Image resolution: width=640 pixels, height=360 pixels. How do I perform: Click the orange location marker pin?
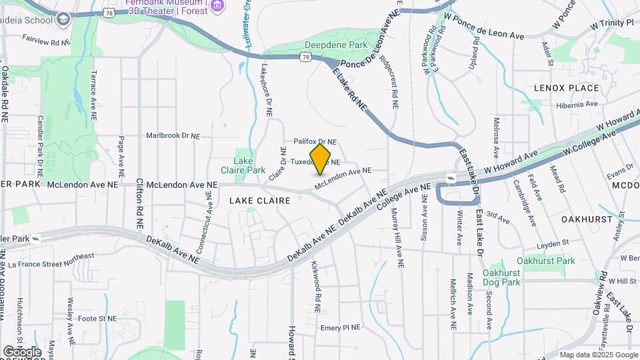coord(321,158)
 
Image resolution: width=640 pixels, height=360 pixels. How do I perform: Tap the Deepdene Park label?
coord(327,45)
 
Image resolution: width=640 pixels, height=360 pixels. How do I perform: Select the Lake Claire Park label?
coord(249,165)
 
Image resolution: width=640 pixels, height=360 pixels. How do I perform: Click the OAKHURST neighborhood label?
coord(587,219)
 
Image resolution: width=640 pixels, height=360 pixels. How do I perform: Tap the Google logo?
coord(22,351)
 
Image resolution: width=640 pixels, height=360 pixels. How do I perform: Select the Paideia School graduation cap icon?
coord(63,18)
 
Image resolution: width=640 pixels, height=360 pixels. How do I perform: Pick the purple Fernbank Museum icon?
coord(216,7)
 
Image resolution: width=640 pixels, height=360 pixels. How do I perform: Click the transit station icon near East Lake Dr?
coord(451,177)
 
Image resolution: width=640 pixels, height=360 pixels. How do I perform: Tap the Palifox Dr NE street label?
coord(315,142)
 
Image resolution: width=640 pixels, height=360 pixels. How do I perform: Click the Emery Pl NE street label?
coord(340,327)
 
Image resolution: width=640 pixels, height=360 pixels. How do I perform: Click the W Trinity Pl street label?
coord(611,25)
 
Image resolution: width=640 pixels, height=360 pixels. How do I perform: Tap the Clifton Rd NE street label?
coord(139,204)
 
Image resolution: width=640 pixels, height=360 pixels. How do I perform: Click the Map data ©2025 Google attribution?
coord(598,355)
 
